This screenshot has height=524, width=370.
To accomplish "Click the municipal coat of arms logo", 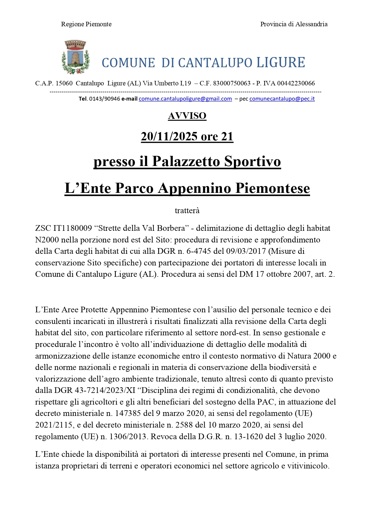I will [x=75, y=57].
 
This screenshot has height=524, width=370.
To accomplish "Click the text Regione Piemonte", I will [x=86, y=24].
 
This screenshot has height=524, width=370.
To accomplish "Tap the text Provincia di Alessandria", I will [x=294, y=24].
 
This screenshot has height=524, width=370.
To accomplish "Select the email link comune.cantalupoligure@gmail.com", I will [x=185, y=99].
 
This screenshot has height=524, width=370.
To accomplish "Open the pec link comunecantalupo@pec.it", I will [x=282, y=99].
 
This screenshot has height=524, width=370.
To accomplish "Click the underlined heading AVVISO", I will [x=187, y=116].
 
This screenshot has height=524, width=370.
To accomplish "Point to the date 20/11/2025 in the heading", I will [x=169, y=136].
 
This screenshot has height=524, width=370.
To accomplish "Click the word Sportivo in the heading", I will [x=252, y=162].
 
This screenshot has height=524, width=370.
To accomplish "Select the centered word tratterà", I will [x=187, y=210].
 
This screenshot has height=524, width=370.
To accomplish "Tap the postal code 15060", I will [x=64, y=83].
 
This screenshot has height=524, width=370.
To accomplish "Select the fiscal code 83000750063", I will [x=232, y=83].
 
